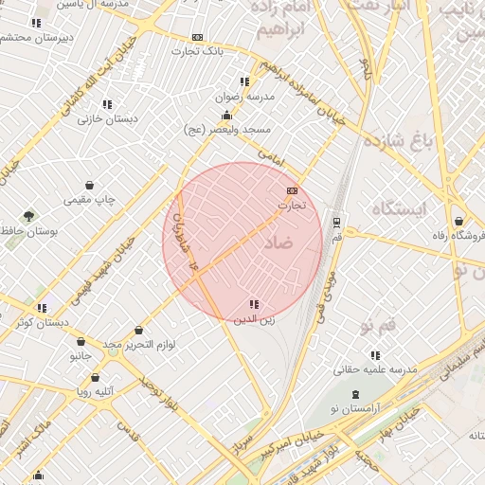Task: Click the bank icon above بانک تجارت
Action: point(197,38)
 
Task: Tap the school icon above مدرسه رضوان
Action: point(244,82)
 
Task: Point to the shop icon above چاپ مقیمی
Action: point(89,185)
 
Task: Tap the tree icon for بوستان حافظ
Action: point(28,216)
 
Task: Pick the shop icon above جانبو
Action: point(81,341)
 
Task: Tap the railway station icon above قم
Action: point(335,223)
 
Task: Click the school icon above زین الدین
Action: point(253,305)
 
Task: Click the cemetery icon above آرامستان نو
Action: point(355,393)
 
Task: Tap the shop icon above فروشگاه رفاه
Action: point(458,220)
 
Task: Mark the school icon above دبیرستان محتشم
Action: point(36,23)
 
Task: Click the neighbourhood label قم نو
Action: point(377,327)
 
